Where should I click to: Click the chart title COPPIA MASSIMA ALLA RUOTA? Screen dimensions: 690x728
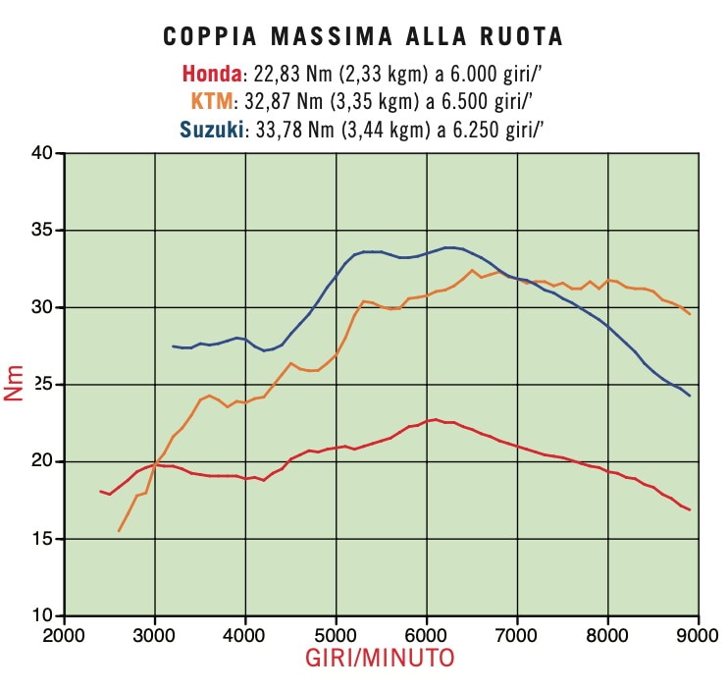[363, 37]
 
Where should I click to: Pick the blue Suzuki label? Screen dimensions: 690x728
[211, 129]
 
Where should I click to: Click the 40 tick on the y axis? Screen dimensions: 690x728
[41, 153]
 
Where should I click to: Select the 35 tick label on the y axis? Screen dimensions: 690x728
[41, 231]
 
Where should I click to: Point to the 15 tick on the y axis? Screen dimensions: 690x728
[41, 539]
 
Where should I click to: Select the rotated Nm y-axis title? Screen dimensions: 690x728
[15, 385]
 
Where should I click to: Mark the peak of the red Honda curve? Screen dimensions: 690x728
[435, 419]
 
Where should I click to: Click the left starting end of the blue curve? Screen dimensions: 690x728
[173, 345]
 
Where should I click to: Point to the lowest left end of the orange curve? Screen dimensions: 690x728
[119, 531]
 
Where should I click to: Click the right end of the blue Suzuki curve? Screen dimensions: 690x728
[690, 396]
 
